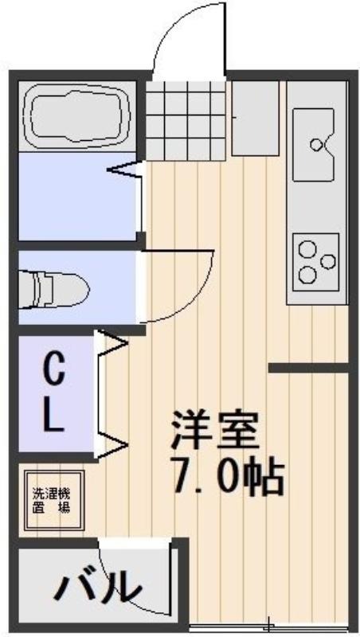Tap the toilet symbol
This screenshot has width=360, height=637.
pos(54,289)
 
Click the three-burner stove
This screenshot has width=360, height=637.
pos(315,262)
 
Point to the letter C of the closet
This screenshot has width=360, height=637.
pos(53,369)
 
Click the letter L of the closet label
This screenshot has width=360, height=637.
pos(53,416)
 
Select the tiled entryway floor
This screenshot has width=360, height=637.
pos(186,120)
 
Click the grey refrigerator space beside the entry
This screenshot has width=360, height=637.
pos(255,118)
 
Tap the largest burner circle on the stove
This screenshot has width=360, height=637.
pos(307,274)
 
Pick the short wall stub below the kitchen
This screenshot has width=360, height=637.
pos(309,368)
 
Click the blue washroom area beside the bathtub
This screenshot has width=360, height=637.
pos(77,196)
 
